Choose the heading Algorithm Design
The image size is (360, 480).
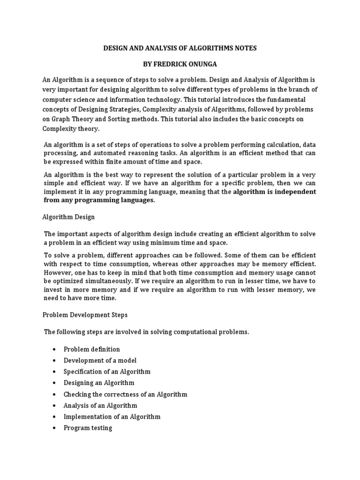(68, 217)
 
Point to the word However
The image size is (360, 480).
(58, 272)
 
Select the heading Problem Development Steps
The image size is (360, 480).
(85, 315)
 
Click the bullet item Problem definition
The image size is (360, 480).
(92, 349)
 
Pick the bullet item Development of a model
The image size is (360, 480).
(100, 360)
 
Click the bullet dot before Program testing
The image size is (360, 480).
(55, 428)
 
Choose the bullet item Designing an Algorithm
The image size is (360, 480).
(99, 383)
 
